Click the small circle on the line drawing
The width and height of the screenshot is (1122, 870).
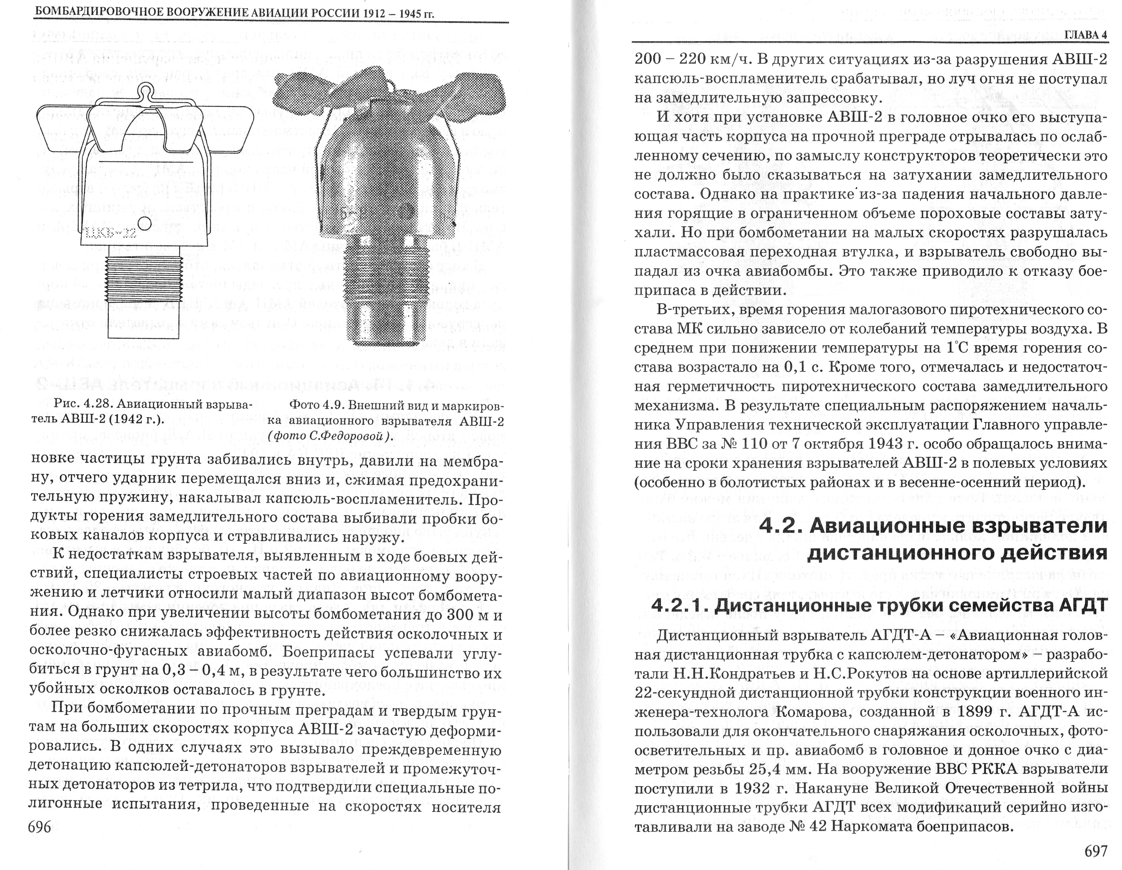[x=144, y=223]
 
